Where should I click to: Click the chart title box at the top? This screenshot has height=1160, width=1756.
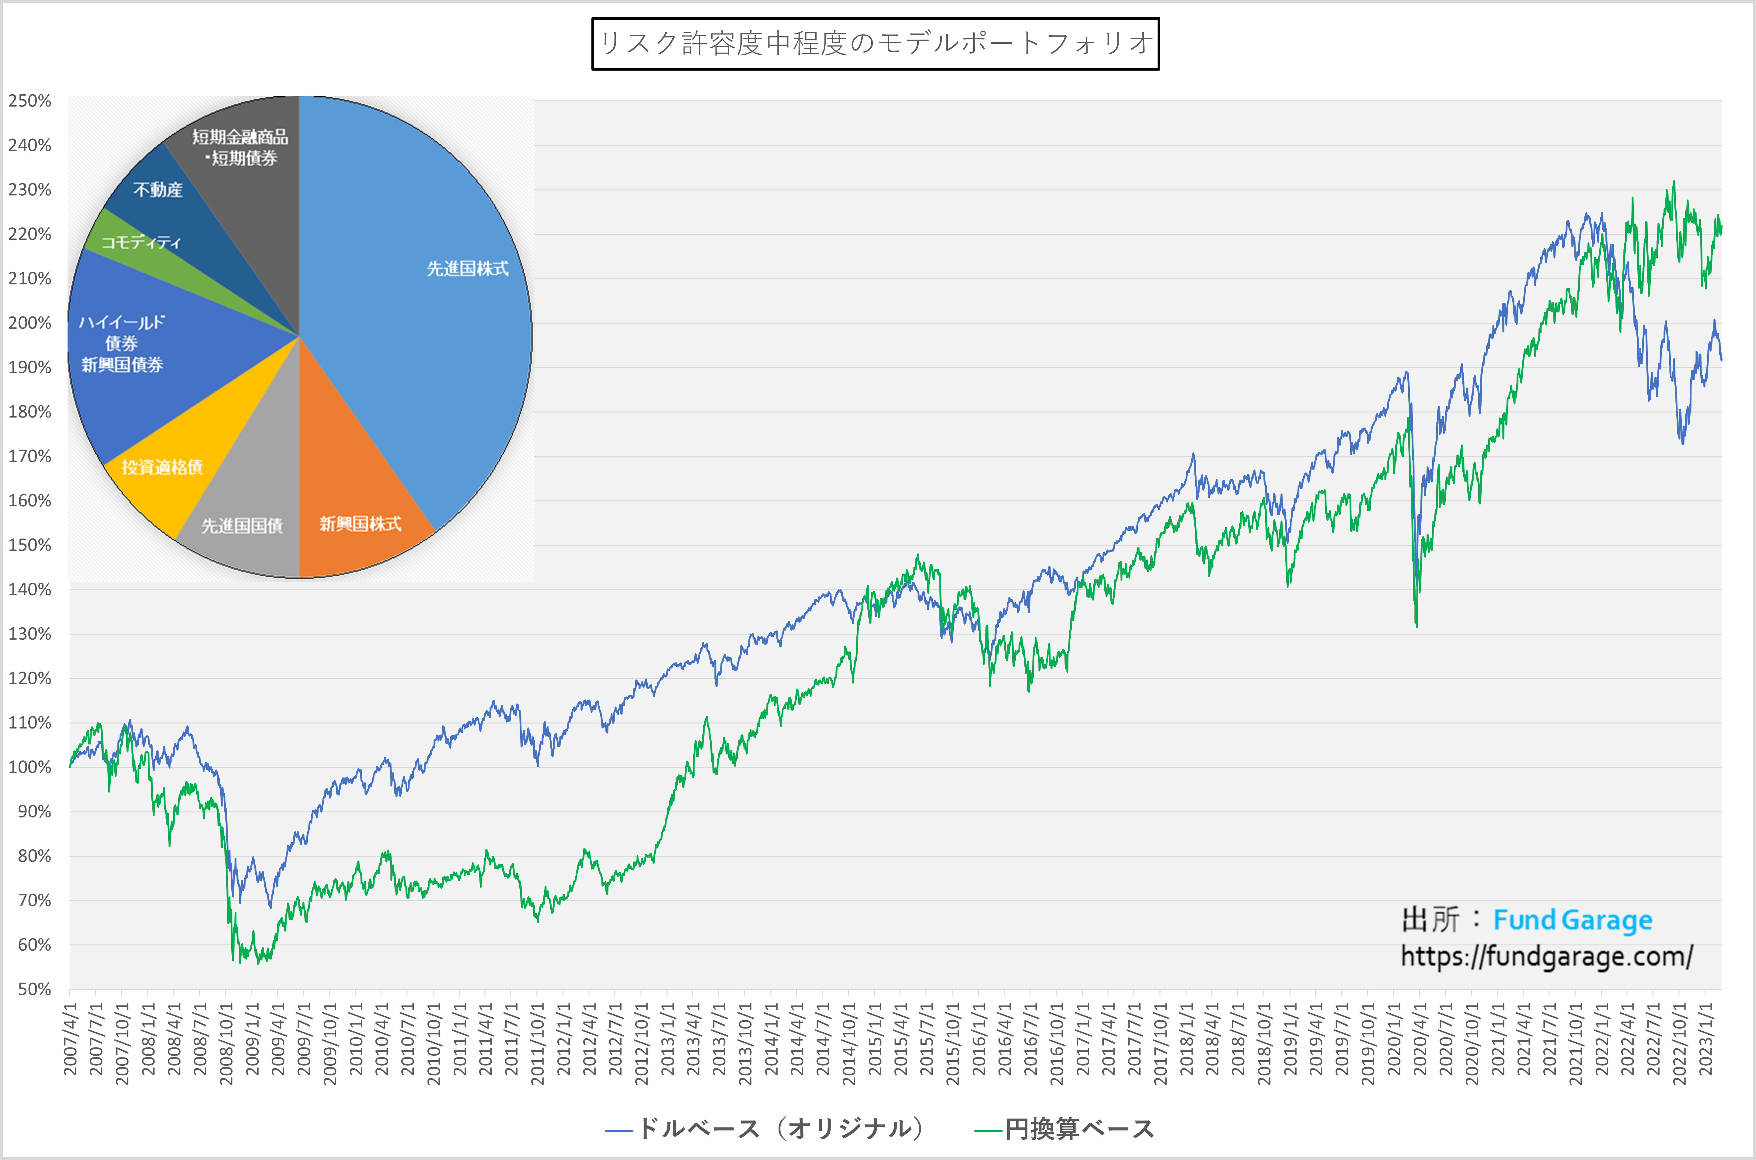tap(875, 44)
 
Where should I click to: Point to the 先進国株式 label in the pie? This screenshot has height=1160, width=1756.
tap(468, 268)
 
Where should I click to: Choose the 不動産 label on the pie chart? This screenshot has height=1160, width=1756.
tap(158, 190)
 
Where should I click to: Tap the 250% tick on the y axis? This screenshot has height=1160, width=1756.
tap(30, 101)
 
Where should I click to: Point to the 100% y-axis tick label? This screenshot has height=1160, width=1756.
tap(30, 767)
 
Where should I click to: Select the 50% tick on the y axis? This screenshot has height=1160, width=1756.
tap(34, 989)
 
